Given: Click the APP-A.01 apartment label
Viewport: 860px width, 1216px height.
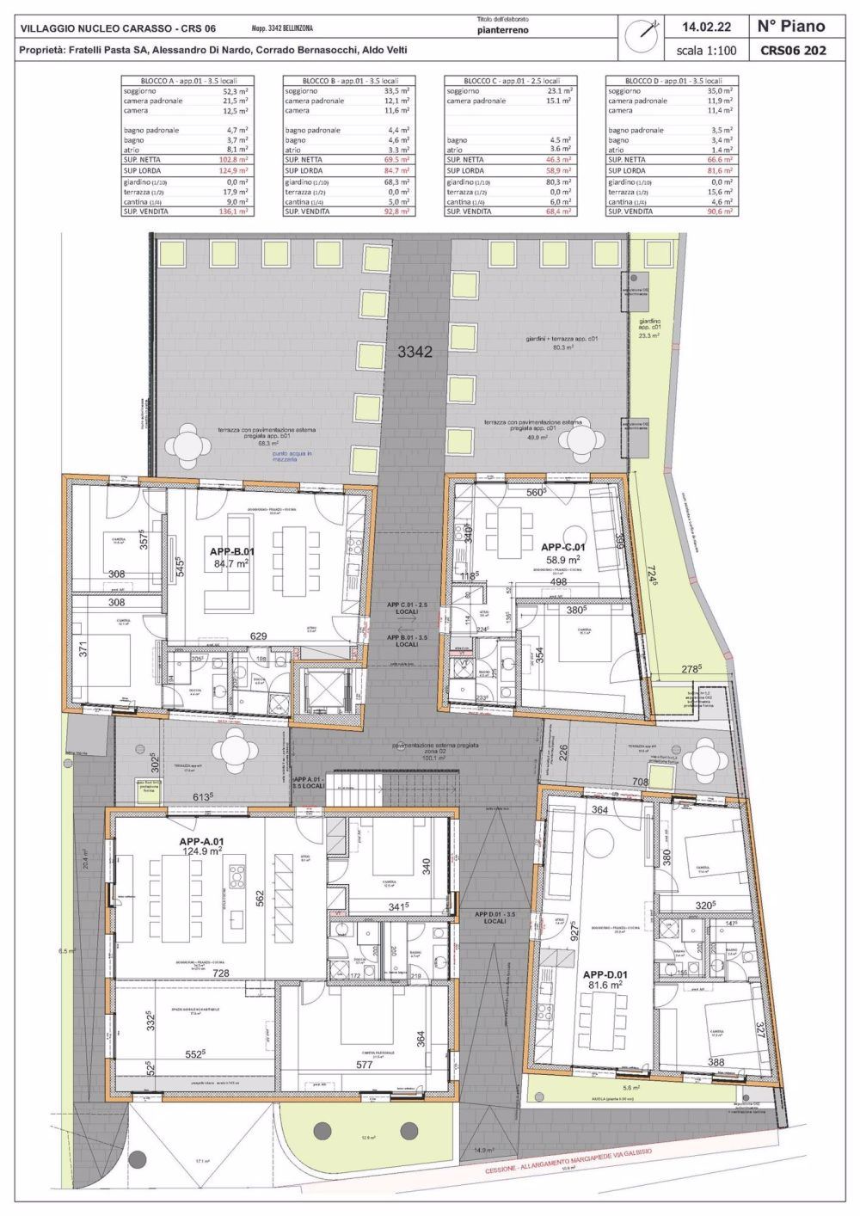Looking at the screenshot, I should [x=201, y=842].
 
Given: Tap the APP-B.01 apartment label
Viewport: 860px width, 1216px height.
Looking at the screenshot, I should [x=231, y=551].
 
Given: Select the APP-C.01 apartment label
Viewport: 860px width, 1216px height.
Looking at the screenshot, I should [x=562, y=547].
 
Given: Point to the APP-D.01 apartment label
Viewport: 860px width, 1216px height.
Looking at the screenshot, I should [x=605, y=974].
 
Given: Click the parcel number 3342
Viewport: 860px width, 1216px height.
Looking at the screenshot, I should [x=415, y=352].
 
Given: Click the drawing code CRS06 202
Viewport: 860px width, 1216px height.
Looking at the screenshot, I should [x=793, y=51].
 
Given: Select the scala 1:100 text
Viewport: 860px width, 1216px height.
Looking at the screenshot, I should [x=706, y=51].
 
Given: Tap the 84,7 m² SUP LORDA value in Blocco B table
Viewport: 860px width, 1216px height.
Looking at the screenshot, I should [x=394, y=171].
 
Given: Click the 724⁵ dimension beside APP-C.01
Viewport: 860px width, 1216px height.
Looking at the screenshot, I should [x=656, y=578].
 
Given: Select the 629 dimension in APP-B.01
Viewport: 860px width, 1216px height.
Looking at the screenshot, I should [x=258, y=636].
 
